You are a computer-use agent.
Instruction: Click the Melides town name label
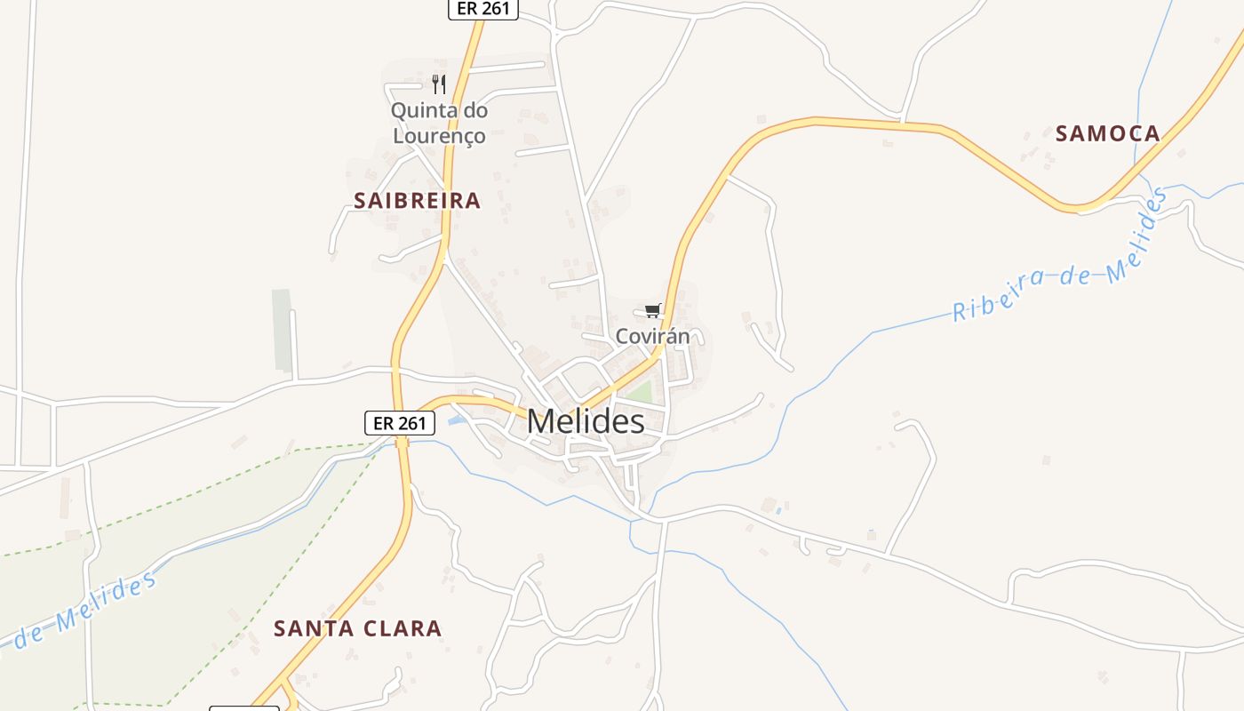coord(586,421)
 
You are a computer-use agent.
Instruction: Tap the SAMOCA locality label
coord(1107,134)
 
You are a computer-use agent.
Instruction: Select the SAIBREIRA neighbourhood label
coord(417,201)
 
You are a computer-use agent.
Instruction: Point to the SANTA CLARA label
coord(357,628)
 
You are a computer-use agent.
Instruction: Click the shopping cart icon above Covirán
coord(653,310)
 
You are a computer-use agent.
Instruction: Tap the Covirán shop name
coord(652,337)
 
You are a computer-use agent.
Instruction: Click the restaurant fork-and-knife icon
coord(438,84)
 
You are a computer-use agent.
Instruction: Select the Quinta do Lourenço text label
coord(439,124)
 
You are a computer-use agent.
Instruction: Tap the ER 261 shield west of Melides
coord(400,423)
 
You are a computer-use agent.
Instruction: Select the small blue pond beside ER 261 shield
coord(456,419)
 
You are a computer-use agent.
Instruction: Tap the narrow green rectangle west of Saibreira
coord(282,330)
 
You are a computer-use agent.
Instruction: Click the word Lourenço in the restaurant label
coord(439,136)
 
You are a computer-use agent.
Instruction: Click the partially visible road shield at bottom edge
coord(244,707)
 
